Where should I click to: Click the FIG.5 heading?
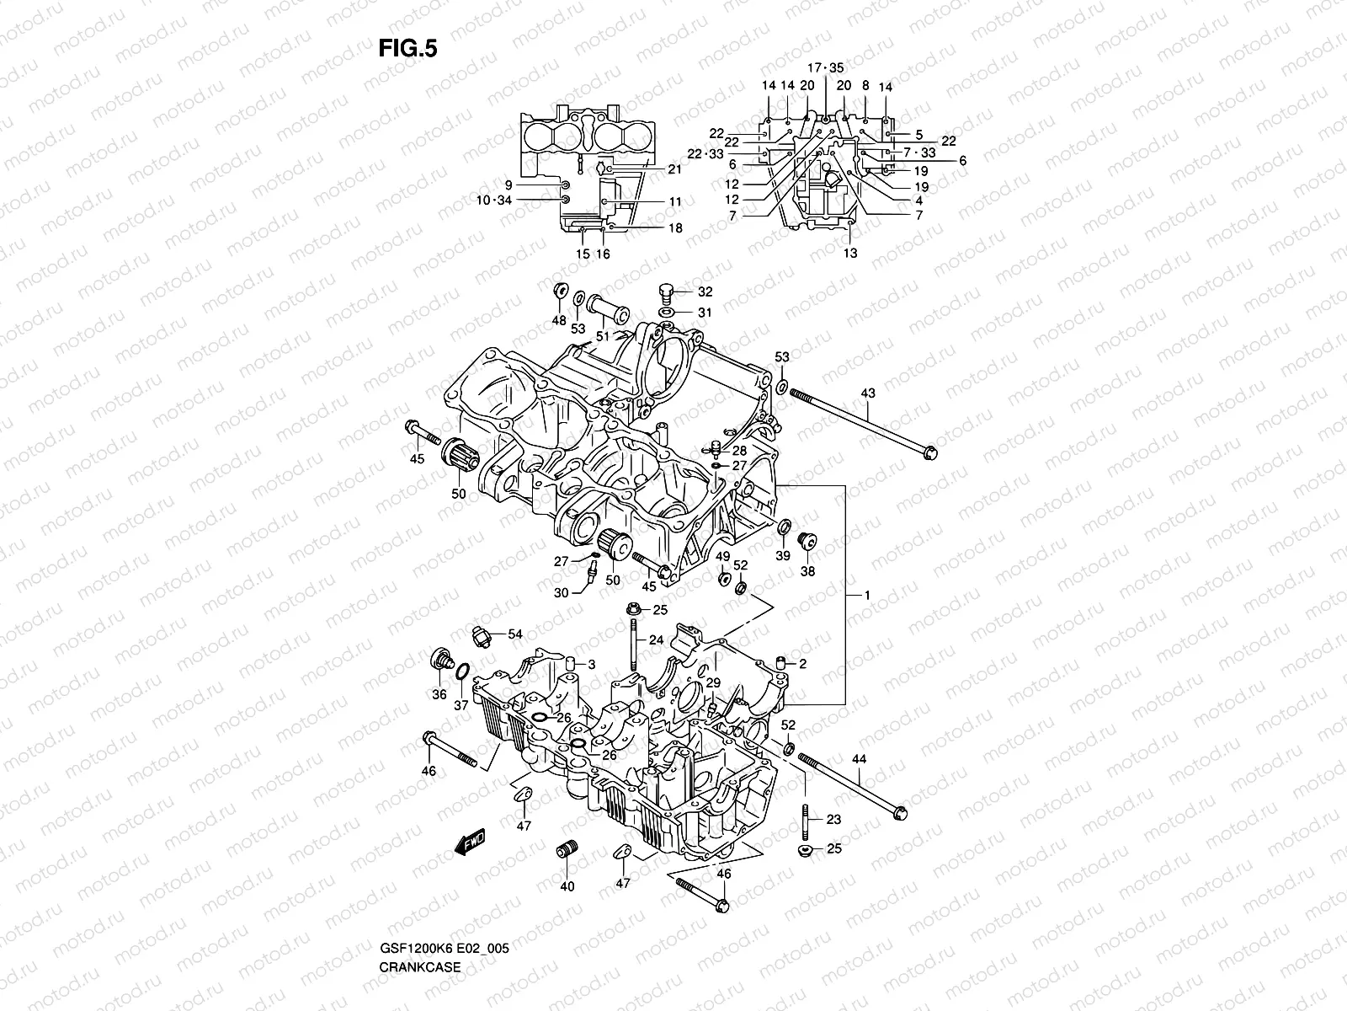(407, 49)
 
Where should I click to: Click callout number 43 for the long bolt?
(868, 393)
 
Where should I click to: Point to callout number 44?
(858, 759)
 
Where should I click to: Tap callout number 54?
(515, 633)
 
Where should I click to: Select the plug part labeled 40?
(567, 850)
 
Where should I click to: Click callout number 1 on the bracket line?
(867, 596)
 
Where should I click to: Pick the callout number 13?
(850, 253)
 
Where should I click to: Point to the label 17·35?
(824, 67)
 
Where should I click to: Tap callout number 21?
(674, 169)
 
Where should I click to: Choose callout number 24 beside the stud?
(657, 639)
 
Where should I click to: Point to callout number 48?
(559, 320)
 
